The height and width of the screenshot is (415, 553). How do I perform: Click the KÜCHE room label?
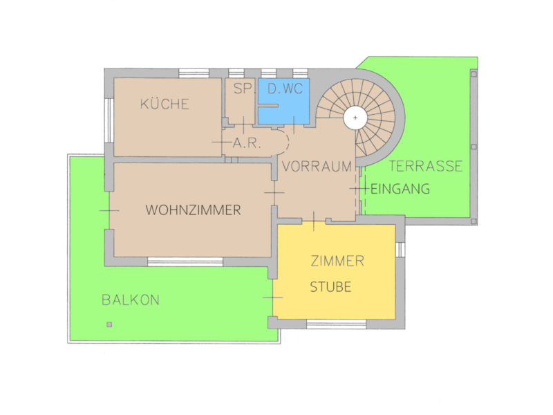[x=165, y=104]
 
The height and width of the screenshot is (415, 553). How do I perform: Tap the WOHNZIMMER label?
[x=193, y=210]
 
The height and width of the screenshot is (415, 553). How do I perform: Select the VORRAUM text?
[x=317, y=166]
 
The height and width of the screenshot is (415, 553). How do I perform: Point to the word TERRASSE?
[x=426, y=166]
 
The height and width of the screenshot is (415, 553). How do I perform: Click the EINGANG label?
[x=400, y=189]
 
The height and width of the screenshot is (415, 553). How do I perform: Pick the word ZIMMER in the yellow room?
[x=337, y=261]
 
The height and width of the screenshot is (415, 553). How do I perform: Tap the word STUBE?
[x=330, y=287]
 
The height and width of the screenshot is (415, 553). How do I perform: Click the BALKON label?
[x=131, y=300]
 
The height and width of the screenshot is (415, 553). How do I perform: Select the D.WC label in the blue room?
[x=285, y=89]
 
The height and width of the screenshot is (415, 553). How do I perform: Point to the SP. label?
[x=244, y=89]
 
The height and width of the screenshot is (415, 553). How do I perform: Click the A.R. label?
[x=247, y=143]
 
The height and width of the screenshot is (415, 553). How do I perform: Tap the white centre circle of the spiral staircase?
[x=355, y=118]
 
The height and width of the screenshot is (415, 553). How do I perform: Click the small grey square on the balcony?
[x=109, y=324]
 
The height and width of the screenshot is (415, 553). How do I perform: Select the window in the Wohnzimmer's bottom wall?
[x=185, y=262]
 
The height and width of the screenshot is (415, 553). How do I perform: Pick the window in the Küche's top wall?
[x=194, y=73]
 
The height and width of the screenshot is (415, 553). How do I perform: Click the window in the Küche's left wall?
[x=109, y=120]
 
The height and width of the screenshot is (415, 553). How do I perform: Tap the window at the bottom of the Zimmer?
[x=336, y=324]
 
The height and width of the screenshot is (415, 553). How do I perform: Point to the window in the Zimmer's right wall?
[x=400, y=250]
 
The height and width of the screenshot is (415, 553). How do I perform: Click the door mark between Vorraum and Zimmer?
[x=314, y=221]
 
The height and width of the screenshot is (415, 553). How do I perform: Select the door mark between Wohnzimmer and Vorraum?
[x=274, y=193]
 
